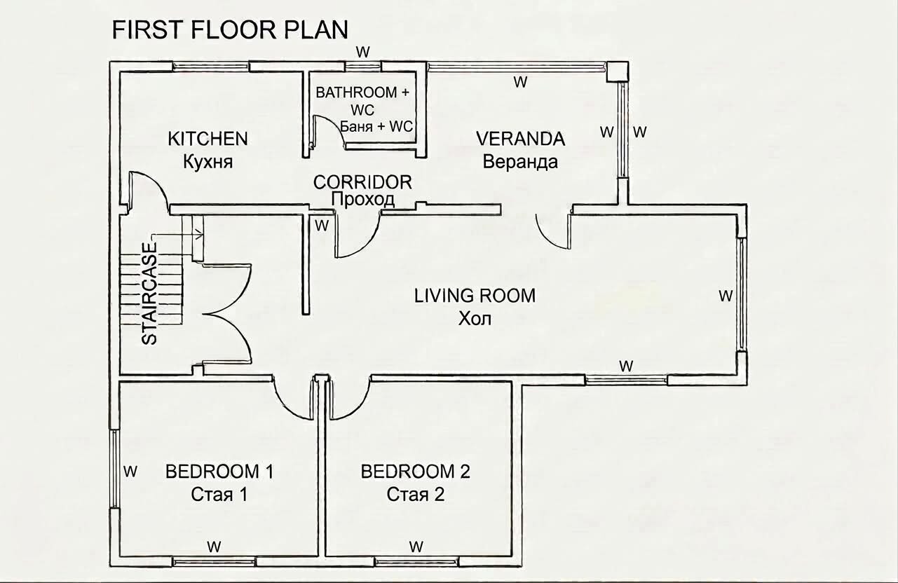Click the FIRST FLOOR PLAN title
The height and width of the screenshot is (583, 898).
point(230,29)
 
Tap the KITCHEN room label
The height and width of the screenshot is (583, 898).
point(208,139)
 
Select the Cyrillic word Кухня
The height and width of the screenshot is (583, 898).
point(208,162)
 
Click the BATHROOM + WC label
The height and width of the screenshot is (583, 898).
point(362,101)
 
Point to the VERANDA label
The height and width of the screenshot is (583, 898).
point(520,139)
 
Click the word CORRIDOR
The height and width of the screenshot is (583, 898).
point(362,182)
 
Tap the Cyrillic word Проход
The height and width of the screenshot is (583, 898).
point(363,199)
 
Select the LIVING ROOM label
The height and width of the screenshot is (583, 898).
point(475,296)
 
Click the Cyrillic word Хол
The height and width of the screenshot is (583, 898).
point(475,319)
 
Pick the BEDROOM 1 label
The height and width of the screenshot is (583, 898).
point(219,472)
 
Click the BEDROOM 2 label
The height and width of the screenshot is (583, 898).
point(415,472)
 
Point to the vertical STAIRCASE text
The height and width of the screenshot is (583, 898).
point(149,294)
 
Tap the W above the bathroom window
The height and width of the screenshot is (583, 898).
point(363,52)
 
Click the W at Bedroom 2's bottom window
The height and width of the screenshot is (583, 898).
point(416,547)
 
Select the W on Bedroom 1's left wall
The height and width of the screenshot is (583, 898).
point(130,472)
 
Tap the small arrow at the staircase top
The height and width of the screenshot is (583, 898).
point(198,232)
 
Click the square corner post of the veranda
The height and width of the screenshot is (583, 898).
point(617,72)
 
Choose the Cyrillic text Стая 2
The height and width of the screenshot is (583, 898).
point(415,495)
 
